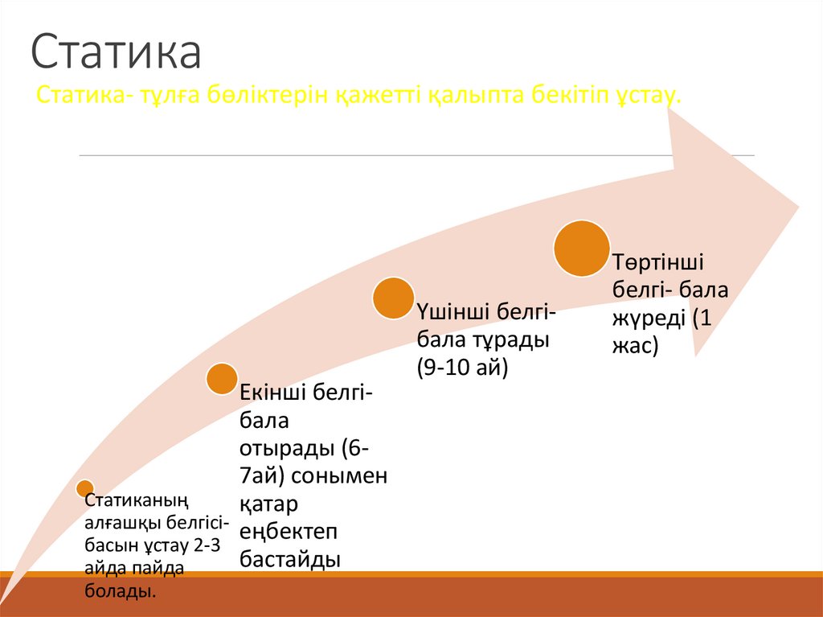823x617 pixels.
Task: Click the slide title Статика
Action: pyautogui.click(x=116, y=53)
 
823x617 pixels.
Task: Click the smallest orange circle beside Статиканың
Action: pyautogui.click(x=84, y=487)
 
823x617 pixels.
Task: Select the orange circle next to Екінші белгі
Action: pyautogui.click(x=222, y=378)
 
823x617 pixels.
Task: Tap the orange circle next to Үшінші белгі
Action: pyautogui.click(x=393, y=297)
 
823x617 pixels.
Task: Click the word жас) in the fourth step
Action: pyautogui.click(x=636, y=346)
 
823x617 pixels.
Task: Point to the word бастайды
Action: pyautogui.click(x=289, y=559)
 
